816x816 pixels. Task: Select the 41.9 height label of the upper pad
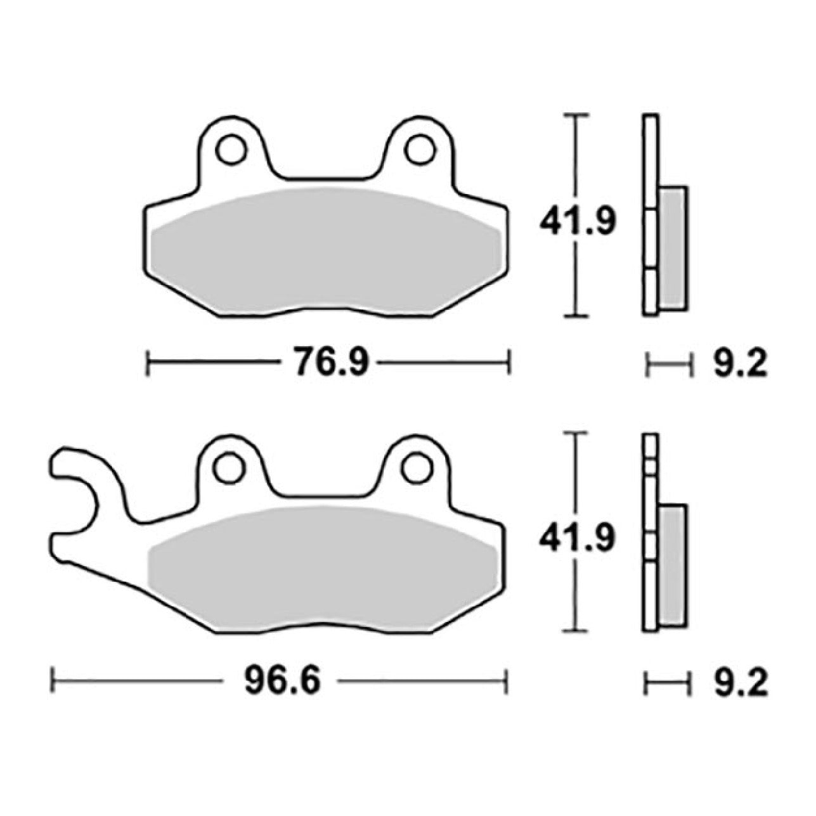coord(577,221)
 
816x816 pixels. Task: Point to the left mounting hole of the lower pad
coord(229,467)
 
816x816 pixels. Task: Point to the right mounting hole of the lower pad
coord(418,467)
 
